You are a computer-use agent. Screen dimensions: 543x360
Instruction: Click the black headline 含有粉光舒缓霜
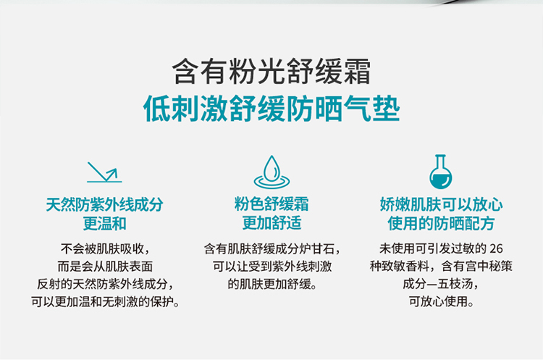click(x=271, y=72)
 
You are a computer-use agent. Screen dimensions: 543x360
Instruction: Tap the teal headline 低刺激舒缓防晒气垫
click(x=271, y=109)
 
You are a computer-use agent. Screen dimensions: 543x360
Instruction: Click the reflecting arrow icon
click(x=104, y=172)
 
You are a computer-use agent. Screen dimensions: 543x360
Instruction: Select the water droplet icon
click(x=271, y=172)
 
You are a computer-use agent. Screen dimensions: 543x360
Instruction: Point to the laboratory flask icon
click(x=440, y=172)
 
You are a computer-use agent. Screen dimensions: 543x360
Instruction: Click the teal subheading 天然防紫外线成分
click(x=104, y=205)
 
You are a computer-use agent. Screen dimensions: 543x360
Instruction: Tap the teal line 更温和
click(x=104, y=224)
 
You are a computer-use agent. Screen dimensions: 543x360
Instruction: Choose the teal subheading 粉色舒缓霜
click(x=271, y=204)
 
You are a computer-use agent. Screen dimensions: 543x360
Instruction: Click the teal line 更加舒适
click(x=271, y=223)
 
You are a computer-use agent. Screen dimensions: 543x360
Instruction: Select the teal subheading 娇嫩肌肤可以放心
click(x=441, y=204)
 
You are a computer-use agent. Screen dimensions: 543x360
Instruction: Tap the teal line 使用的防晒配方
click(x=441, y=223)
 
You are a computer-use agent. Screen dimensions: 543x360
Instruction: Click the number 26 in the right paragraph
click(x=496, y=248)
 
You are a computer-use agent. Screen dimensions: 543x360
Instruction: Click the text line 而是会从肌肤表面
click(x=105, y=267)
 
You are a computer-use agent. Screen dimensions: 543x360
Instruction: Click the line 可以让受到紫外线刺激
click(x=272, y=266)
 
